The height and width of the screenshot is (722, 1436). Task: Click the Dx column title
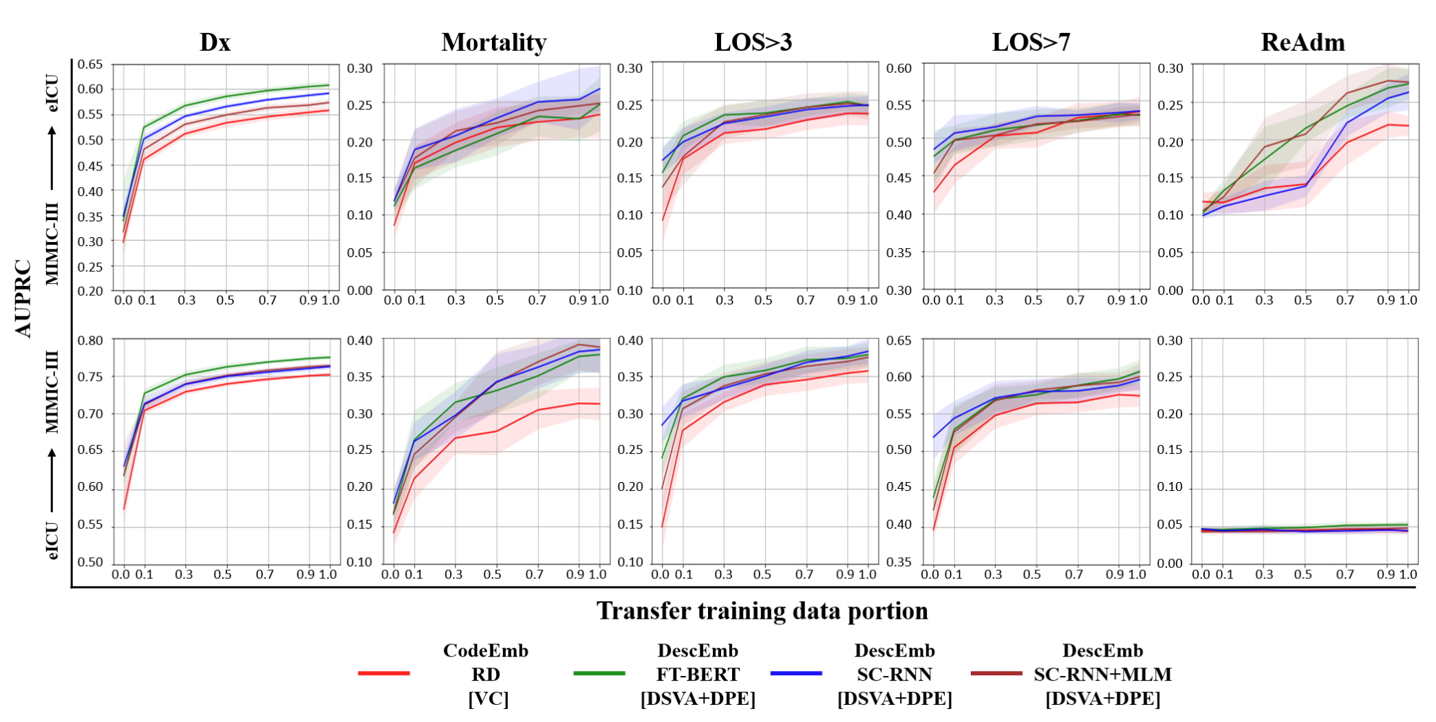(215, 43)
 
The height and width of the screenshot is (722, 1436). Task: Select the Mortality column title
(494, 43)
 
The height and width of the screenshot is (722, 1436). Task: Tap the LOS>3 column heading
(753, 43)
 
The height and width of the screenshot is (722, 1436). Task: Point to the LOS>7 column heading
(1031, 43)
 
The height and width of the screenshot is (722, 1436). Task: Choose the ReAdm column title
(1303, 43)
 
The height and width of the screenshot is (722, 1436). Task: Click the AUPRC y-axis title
(23, 298)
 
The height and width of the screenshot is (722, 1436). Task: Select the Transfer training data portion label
(762, 611)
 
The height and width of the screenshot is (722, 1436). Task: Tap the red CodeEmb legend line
(384, 673)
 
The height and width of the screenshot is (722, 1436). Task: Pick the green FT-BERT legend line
(599, 673)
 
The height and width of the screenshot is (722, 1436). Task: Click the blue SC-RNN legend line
(796, 673)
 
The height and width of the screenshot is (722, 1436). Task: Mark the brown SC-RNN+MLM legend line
(996, 673)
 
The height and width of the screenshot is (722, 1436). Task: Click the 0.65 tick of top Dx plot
(89, 65)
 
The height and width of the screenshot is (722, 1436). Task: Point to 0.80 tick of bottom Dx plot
(89, 340)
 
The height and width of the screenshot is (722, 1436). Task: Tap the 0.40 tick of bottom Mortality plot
(359, 340)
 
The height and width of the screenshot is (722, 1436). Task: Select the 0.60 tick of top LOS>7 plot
(899, 68)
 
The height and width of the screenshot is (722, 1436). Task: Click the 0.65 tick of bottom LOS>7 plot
(899, 340)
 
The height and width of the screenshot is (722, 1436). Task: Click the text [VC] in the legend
(488, 699)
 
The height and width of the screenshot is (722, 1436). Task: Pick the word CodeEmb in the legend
(486, 650)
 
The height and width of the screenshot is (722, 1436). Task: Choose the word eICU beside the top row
(52, 93)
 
